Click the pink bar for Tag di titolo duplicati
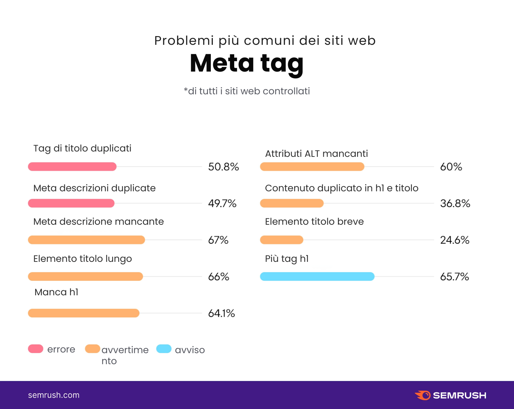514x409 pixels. pyautogui.click(x=72, y=167)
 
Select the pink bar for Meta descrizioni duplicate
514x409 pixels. pyautogui.click(x=71, y=203)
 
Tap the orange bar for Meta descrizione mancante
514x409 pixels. pyautogui.click(x=86, y=240)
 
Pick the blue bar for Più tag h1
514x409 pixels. pyautogui.click(x=317, y=277)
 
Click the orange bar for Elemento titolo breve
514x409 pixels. pyautogui.click(x=282, y=240)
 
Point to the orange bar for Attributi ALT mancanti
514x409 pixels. pyautogui.click(x=312, y=167)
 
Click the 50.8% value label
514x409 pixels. pyautogui.click(x=224, y=167)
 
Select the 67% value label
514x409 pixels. pyautogui.click(x=218, y=240)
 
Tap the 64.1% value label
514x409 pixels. pyautogui.click(x=222, y=313)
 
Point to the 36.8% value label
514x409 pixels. pyautogui.click(x=455, y=203)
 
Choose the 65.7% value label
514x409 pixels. pyautogui.click(x=454, y=277)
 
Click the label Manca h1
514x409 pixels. pyautogui.click(x=57, y=292)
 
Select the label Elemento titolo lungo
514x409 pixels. pyautogui.click(x=83, y=259)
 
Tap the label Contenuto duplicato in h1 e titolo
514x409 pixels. pyautogui.click(x=342, y=188)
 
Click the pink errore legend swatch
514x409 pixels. pyautogui.click(x=36, y=349)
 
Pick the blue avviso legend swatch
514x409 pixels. pyautogui.click(x=164, y=349)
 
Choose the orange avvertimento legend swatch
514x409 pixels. pyautogui.click(x=93, y=349)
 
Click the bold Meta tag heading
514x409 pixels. pyautogui.click(x=247, y=63)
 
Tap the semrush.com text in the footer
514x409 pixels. pyautogui.click(x=54, y=395)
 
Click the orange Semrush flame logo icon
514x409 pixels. pyautogui.click(x=423, y=395)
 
